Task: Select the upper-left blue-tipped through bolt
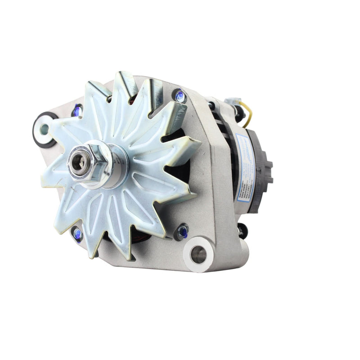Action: (77, 110)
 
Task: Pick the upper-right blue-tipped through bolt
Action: (180, 96)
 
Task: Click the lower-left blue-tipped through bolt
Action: (77, 233)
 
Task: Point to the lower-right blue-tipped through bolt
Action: (182, 232)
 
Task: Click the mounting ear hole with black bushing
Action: (44, 129)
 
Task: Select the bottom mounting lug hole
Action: (198, 255)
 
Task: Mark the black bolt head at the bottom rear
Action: (243, 230)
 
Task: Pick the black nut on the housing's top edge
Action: (211, 105)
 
